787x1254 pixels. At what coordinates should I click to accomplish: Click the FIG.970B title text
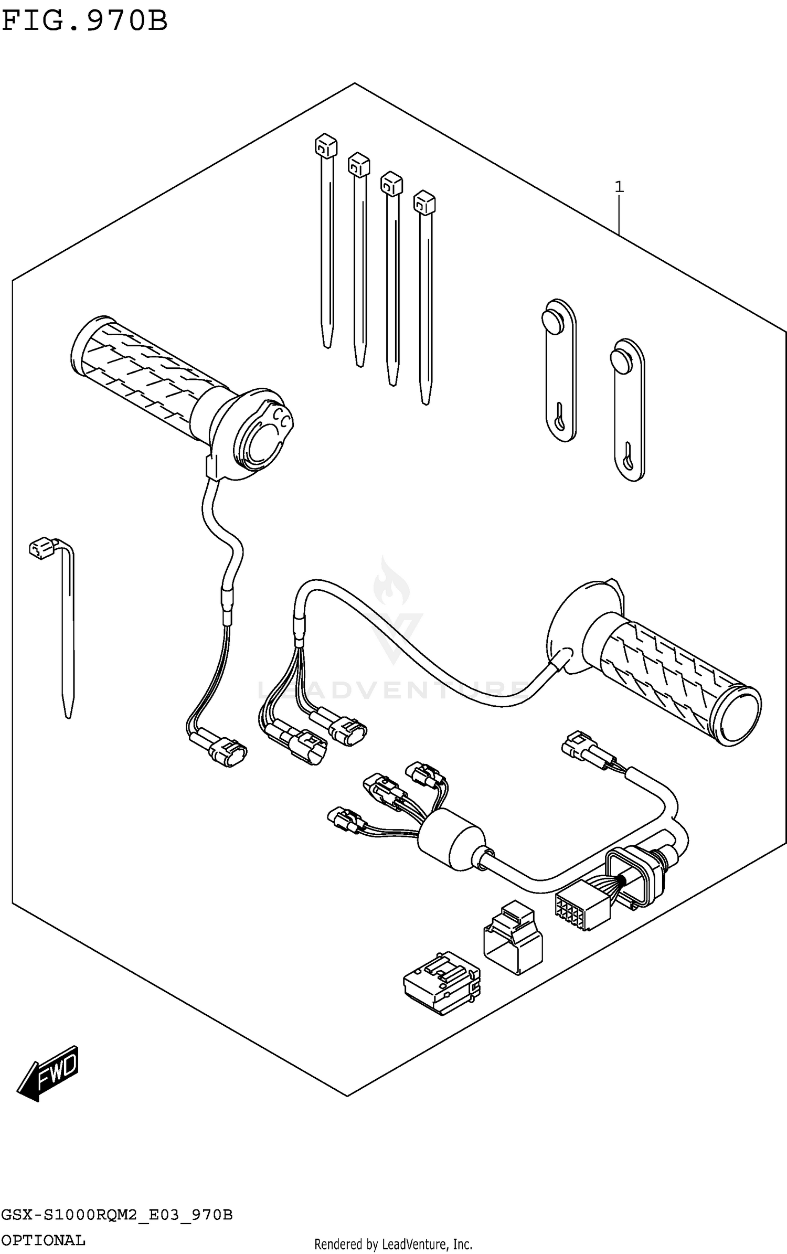[84, 21]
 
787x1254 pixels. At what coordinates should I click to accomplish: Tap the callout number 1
[619, 187]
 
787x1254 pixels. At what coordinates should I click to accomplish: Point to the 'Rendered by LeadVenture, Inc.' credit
[393, 1244]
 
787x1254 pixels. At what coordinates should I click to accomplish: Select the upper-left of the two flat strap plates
[559, 370]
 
